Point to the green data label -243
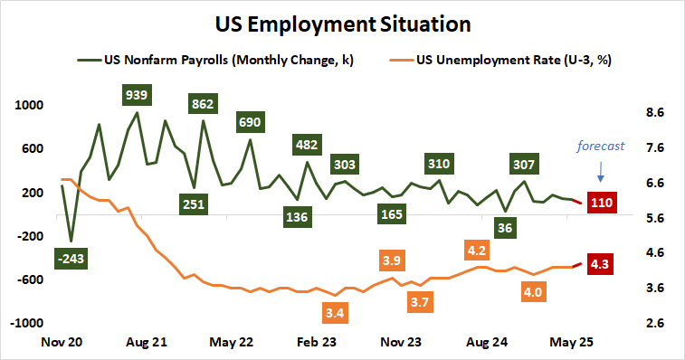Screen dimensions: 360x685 pos(69,260)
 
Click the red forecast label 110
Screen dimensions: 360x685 pos(602,202)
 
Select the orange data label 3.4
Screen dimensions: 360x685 pos(333,313)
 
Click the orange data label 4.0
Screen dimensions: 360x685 pos(534,292)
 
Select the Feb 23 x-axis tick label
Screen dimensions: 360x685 pos(317,344)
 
